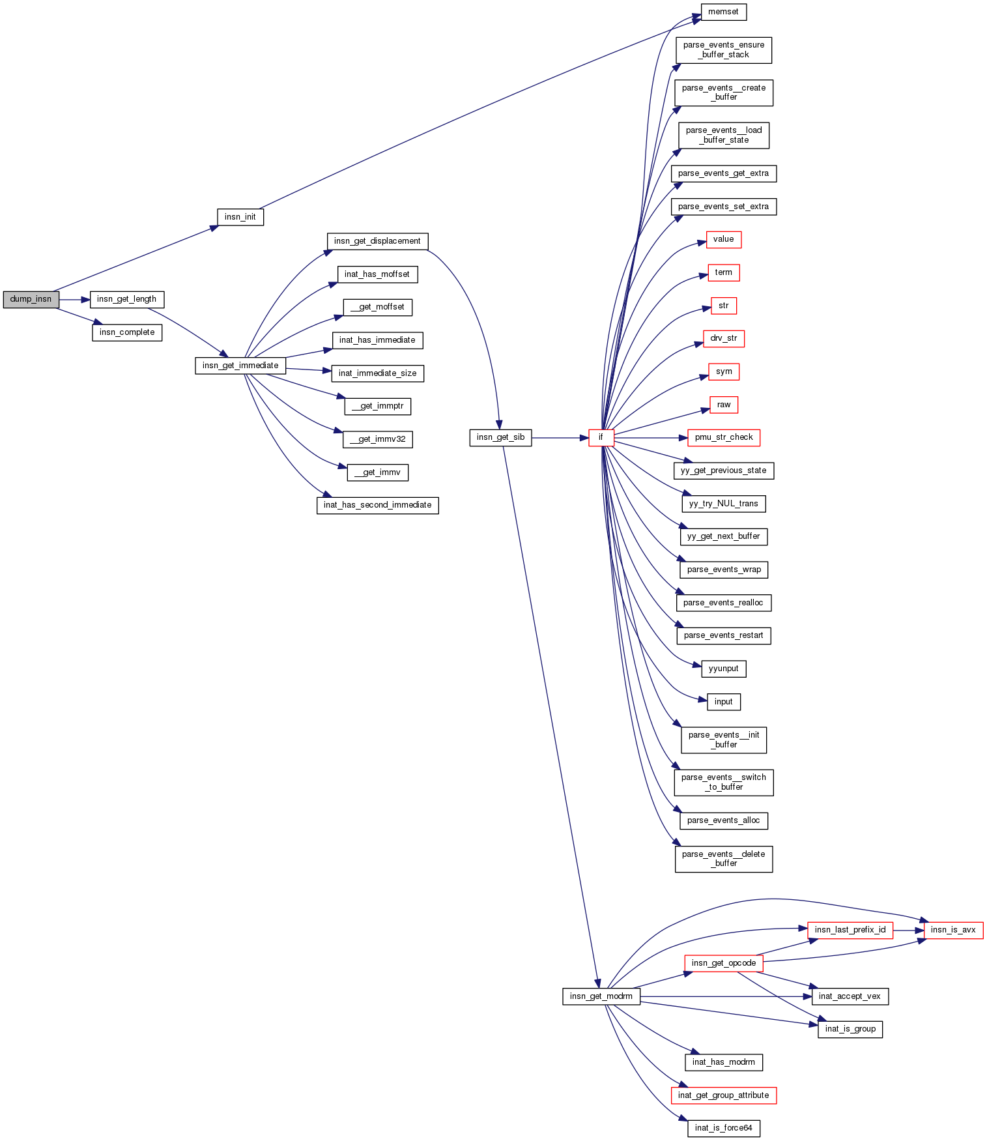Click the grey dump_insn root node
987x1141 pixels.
pyautogui.click(x=31, y=300)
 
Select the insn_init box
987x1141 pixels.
pyautogui.click(x=240, y=217)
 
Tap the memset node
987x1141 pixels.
pyautogui.click(x=723, y=12)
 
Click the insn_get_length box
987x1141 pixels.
pyautogui.click(x=126, y=300)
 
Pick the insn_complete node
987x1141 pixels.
pyautogui.click(x=126, y=332)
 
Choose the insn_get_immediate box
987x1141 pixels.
pyautogui.click(x=240, y=366)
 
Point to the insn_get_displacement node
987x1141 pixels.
pyautogui.click(x=377, y=241)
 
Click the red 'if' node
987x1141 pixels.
pyautogui.click(x=601, y=437)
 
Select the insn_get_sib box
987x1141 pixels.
pyautogui.click(x=500, y=437)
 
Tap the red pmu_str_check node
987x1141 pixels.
pyautogui.click(x=723, y=437)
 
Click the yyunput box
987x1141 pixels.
pyautogui.click(x=723, y=669)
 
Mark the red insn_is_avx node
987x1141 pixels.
pyautogui.click(x=952, y=930)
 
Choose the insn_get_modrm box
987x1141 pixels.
pyautogui.click(x=601, y=996)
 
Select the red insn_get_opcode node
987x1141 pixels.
pyautogui.click(x=723, y=963)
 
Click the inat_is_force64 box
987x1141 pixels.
pyautogui.click(x=723, y=1128)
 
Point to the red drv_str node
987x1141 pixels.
pyautogui.click(x=723, y=339)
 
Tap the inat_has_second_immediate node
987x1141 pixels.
pyautogui.click(x=377, y=505)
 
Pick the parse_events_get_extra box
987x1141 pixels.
pyautogui.click(x=723, y=173)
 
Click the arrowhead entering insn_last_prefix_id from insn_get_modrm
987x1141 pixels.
pyautogui.click(x=803, y=929)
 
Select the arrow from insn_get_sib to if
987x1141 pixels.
pyautogui.click(x=560, y=438)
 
